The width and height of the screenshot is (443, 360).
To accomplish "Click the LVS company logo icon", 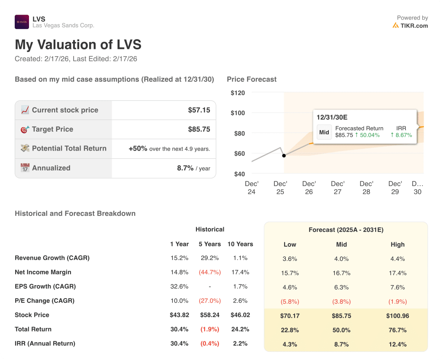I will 22,22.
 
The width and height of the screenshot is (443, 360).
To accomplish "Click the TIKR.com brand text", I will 414,26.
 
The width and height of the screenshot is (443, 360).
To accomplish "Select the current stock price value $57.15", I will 199,110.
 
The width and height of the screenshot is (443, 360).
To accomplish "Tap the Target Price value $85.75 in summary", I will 199,129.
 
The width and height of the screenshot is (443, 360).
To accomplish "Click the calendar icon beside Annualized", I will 25,168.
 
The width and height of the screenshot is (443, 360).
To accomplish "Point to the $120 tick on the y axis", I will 238,93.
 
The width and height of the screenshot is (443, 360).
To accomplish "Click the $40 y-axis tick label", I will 239,174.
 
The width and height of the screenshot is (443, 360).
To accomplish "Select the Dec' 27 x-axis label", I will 337,188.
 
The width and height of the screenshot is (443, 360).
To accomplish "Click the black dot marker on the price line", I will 284,155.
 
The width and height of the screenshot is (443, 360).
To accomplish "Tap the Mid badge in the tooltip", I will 324,132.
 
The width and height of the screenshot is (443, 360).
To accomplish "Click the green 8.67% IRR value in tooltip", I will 401,135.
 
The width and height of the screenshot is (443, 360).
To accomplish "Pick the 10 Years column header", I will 240,244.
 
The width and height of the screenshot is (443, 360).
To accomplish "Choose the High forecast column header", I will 397,244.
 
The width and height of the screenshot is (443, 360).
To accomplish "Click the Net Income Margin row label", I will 43,272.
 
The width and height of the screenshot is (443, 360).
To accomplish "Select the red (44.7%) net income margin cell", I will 210,272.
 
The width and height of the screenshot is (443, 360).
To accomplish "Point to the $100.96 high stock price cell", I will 397,315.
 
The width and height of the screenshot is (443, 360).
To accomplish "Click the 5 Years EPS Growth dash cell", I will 210,286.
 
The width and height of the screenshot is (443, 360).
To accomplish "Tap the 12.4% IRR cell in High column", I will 397,344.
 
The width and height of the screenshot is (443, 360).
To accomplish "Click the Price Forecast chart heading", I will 251,79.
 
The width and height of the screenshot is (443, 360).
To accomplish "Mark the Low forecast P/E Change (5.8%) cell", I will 290,301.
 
